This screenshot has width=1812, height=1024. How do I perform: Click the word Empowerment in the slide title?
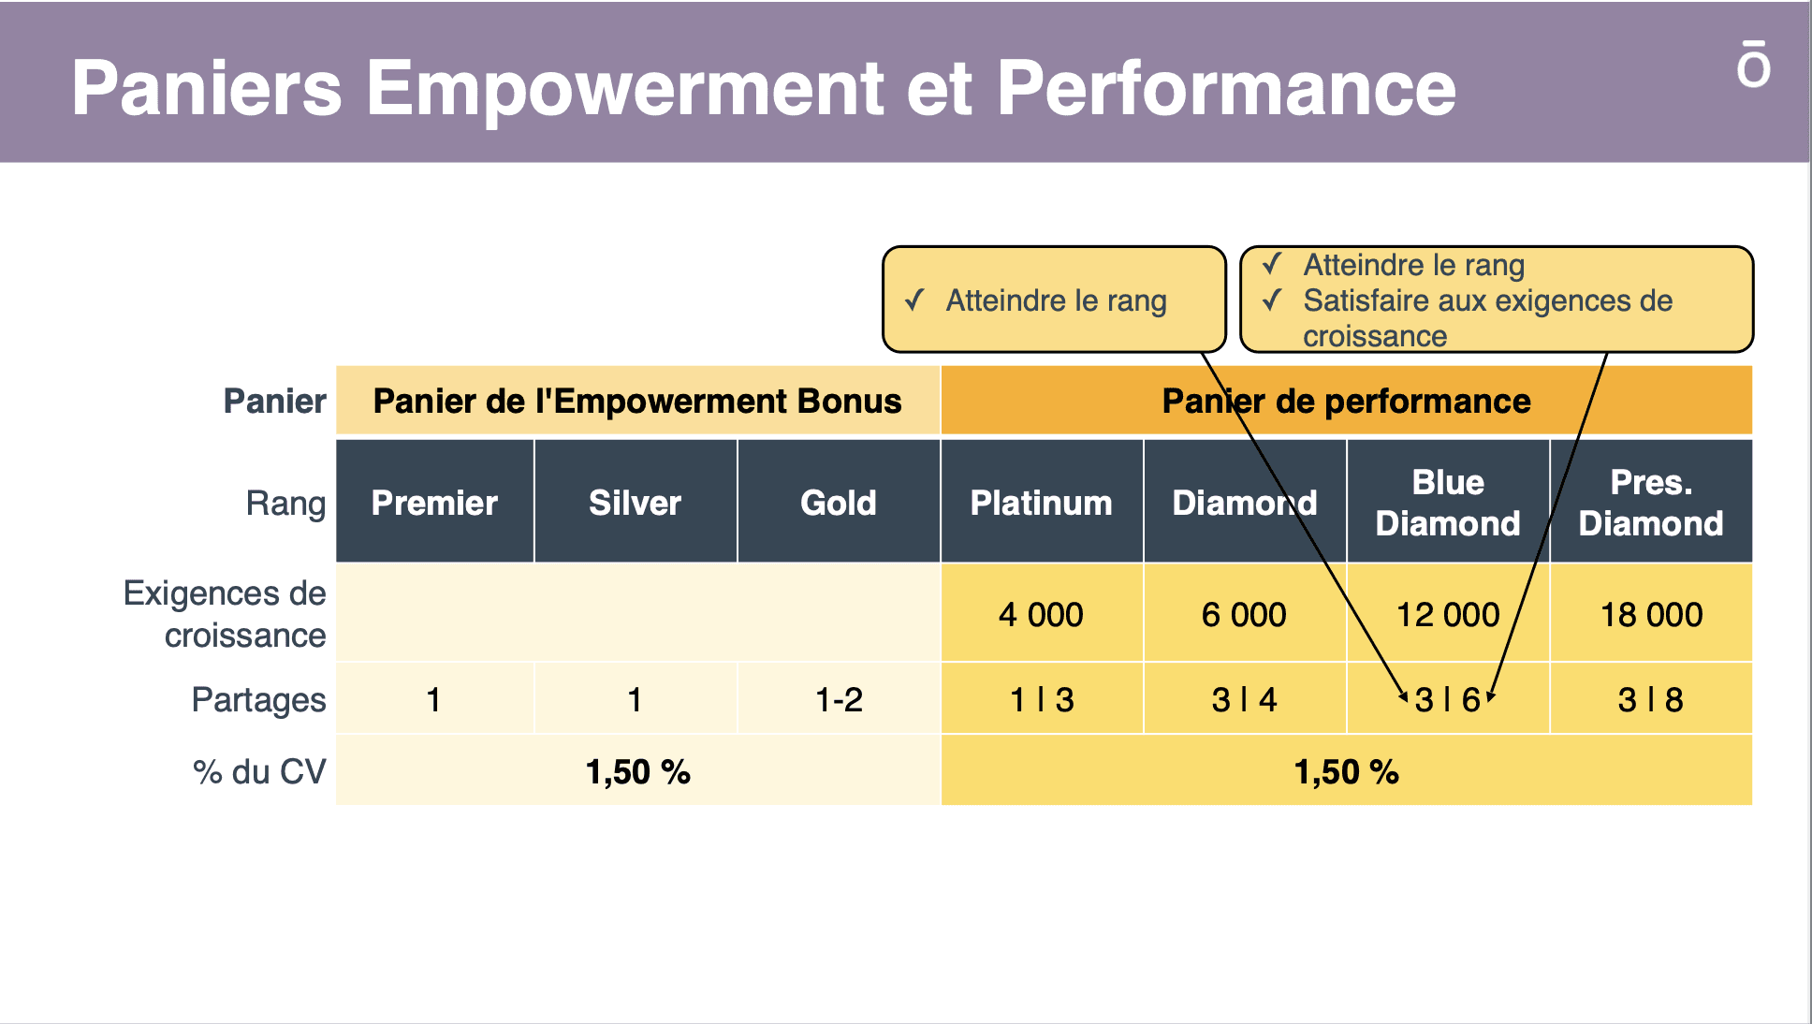pyautogui.click(x=624, y=89)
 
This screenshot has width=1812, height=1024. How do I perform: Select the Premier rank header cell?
pyautogui.click(x=434, y=502)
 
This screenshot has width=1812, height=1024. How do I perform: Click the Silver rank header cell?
pyautogui.click(x=636, y=502)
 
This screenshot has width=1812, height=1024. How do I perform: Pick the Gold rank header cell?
pyautogui.click(x=839, y=502)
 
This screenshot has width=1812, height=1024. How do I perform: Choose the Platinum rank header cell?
pyautogui.click(x=1042, y=502)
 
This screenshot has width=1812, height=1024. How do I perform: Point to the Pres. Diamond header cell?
pyautogui.click(x=1651, y=502)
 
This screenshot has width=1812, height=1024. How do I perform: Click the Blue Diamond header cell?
pyautogui.click(x=1448, y=502)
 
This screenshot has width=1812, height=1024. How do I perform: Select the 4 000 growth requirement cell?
pyautogui.click(x=1042, y=614)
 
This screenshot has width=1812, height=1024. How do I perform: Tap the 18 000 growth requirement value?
pyautogui.click(x=1651, y=615)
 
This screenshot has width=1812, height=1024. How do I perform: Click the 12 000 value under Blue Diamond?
pyautogui.click(x=1448, y=615)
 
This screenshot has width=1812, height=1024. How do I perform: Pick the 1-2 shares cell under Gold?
pyautogui.click(x=839, y=698)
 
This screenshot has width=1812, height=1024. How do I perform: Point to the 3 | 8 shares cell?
pyautogui.click(x=1651, y=698)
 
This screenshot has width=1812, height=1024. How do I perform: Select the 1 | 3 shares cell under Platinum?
pyautogui.click(x=1042, y=698)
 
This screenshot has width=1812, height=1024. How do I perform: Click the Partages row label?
pyautogui.click(x=258, y=700)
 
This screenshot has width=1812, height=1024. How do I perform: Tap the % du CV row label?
pyautogui.click(x=259, y=772)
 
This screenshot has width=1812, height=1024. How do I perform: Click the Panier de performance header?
pyautogui.click(x=1346, y=401)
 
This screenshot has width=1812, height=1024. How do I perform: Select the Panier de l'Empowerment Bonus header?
pyautogui.click(x=637, y=401)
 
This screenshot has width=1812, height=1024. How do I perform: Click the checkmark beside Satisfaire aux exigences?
pyautogui.click(x=1271, y=300)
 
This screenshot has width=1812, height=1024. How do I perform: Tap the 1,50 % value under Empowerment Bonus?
pyautogui.click(x=637, y=772)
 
